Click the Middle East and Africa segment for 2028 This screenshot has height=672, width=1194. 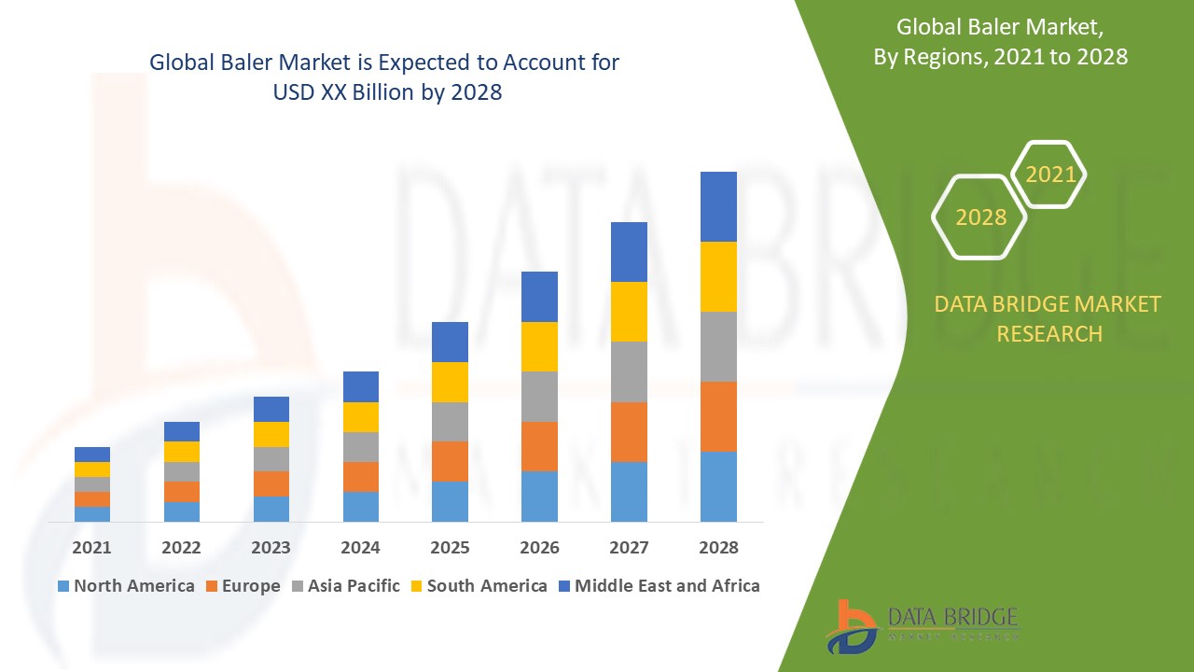(x=718, y=206)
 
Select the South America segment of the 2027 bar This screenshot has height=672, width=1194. (x=629, y=311)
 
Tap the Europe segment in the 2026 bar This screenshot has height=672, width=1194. (x=539, y=446)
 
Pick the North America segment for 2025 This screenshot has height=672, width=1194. (x=450, y=501)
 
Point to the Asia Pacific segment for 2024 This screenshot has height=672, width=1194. (x=360, y=446)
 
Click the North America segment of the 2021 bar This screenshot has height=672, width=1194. (x=92, y=513)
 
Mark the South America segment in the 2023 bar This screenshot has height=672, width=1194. (x=271, y=434)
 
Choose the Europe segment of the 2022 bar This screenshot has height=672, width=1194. (x=182, y=491)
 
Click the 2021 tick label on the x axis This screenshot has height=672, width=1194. (x=92, y=548)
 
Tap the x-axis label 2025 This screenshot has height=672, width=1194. (x=450, y=548)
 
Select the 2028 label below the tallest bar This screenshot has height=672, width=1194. (x=718, y=548)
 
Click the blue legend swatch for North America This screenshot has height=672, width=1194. (x=63, y=586)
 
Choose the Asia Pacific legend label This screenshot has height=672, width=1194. (x=354, y=586)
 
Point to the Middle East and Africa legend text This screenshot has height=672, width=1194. (x=667, y=586)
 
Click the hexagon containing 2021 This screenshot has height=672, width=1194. (x=1049, y=175)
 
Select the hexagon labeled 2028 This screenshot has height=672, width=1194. (x=979, y=217)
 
